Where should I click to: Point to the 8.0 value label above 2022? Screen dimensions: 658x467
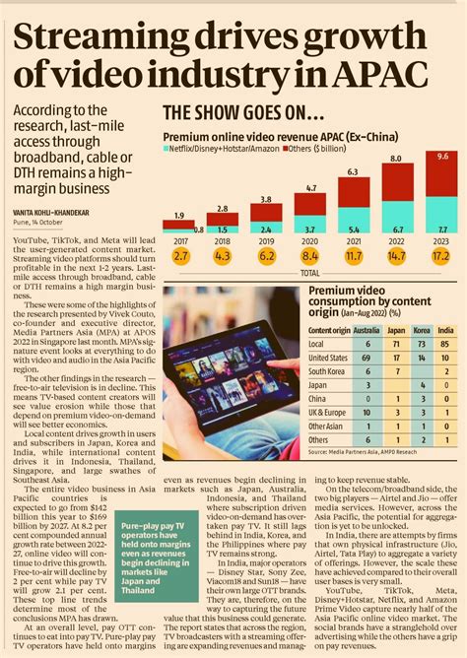(395, 158)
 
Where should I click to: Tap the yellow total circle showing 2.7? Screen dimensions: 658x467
(179, 256)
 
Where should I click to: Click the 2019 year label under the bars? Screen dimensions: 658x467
(267, 240)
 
